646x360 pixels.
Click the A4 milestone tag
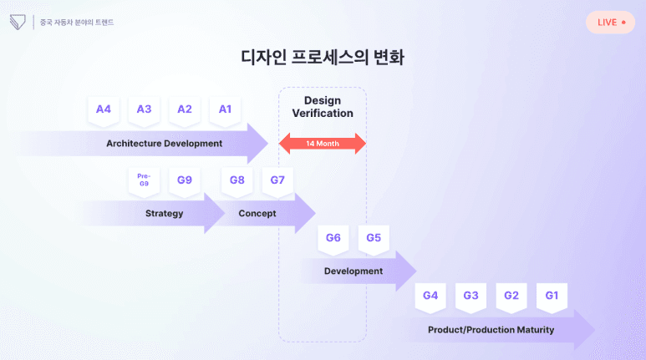104,109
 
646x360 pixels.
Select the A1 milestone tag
225,109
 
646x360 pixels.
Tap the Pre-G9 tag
144,180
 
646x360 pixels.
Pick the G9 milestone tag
185,180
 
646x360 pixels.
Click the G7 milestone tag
277,180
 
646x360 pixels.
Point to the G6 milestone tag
333,238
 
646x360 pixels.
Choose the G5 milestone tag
374,238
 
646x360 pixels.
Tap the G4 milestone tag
430,296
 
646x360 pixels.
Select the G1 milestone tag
552,296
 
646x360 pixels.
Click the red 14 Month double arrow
322,144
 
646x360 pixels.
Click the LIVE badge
610,22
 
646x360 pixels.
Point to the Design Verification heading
322,107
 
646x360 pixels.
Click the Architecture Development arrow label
165,144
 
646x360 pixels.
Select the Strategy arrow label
164,213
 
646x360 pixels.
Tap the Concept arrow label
257,213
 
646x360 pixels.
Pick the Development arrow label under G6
354,271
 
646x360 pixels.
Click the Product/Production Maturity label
491,330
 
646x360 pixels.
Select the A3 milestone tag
144,109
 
